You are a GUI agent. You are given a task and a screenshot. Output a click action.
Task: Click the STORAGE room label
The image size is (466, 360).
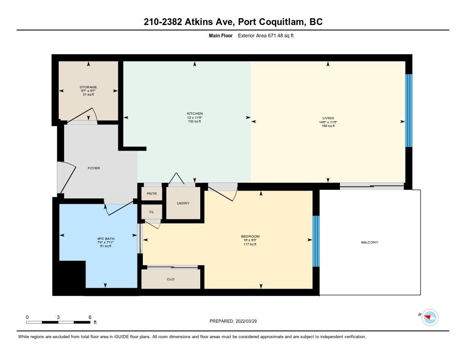88,87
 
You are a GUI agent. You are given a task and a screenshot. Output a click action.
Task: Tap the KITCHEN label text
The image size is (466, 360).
195,114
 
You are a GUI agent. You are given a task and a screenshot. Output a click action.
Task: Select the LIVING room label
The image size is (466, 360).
328,118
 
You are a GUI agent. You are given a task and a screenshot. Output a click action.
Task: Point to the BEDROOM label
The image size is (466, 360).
250,236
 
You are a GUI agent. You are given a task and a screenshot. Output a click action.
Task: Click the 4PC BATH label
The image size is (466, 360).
106,239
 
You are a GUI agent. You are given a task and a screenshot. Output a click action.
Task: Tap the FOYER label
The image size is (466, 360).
94,168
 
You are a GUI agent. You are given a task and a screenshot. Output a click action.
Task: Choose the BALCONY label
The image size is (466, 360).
370,242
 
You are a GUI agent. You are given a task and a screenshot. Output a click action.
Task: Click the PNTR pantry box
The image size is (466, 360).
152,193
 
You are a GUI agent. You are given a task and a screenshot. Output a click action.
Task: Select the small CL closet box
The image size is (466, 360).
152,212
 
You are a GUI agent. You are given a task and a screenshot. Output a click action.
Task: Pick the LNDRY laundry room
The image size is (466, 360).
183,203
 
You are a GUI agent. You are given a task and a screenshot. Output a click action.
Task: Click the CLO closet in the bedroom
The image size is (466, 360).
171,279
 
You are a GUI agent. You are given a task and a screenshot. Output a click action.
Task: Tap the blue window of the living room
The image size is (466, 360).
409,111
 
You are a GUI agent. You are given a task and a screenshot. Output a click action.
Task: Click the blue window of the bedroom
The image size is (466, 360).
316,241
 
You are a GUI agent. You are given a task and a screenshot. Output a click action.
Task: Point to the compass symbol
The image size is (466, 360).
430,318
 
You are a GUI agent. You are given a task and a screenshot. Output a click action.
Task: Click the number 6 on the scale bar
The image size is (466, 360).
90,317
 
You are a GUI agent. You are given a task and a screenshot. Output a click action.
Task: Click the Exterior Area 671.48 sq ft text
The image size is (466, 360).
266,35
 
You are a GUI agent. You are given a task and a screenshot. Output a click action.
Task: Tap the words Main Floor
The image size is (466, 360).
221,35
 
